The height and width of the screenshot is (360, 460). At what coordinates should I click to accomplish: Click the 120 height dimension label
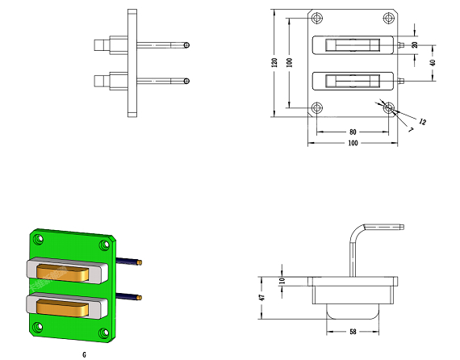tap(274, 62)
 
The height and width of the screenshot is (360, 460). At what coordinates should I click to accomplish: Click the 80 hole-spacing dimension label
tap(353, 132)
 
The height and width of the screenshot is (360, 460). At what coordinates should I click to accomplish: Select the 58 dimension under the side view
tap(353, 332)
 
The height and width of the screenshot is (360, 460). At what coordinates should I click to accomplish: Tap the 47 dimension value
tap(262, 298)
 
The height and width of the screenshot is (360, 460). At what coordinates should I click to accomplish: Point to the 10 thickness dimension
tap(282, 281)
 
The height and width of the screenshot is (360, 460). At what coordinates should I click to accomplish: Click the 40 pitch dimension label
tap(433, 62)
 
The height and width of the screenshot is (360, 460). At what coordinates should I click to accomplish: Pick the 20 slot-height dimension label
tap(415, 45)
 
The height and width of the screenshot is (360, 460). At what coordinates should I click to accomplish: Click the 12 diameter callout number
tap(422, 121)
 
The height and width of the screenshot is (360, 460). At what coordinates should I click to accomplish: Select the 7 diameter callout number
tap(411, 129)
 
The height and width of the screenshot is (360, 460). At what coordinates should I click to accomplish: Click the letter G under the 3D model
tap(84, 355)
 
